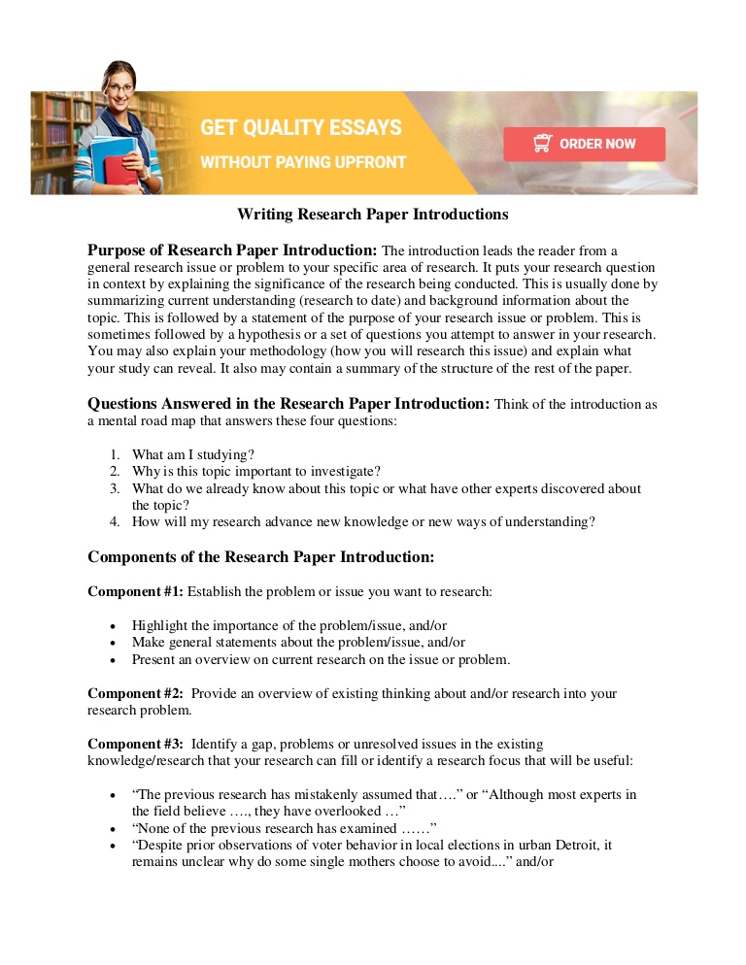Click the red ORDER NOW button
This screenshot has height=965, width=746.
click(584, 144)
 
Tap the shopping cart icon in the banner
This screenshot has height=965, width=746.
click(542, 144)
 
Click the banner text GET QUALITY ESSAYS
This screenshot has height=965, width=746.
click(300, 127)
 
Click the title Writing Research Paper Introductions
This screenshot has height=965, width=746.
click(373, 214)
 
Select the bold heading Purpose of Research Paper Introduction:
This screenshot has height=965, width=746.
click(232, 250)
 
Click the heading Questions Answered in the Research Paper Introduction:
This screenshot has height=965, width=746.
click(288, 403)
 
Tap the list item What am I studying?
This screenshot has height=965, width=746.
click(194, 454)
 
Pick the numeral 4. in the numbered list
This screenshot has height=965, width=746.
click(114, 521)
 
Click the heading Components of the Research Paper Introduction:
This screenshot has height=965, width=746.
click(260, 556)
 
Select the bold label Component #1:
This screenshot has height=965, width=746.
click(135, 591)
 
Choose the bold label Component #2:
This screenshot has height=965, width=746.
click(135, 693)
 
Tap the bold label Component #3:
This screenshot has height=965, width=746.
click(135, 744)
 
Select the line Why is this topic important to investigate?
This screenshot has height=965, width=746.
click(256, 471)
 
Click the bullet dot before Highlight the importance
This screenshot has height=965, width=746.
click(114, 626)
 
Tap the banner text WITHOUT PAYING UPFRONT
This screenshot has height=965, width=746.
click(303, 162)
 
